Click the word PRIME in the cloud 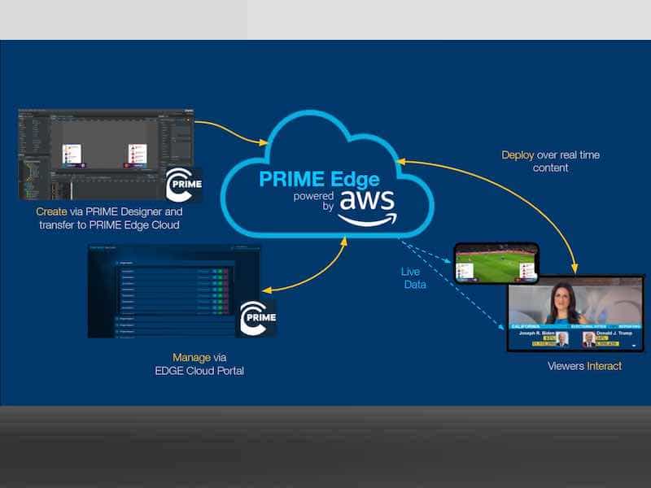[x=289, y=177]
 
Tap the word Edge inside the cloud [x=356, y=177]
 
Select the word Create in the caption [x=52, y=211]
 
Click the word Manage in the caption [x=191, y=357]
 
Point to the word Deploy [x=518, y=155]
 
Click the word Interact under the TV [x=604, y=366]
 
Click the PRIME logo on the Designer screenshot [x=183, y=185]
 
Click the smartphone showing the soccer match [x=496, y=260]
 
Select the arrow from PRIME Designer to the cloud [x=232, y=130]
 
